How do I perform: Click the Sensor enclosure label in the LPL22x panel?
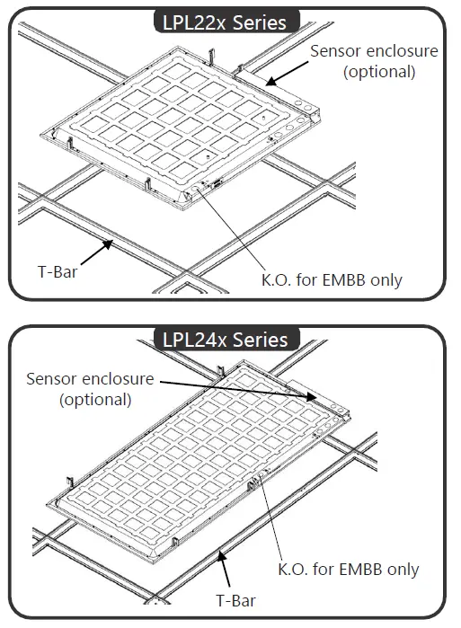point(374,51)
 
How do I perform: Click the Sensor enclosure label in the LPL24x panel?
point(90,379)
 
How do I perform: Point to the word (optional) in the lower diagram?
point(95,399)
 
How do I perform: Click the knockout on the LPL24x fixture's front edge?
point(261,482)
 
